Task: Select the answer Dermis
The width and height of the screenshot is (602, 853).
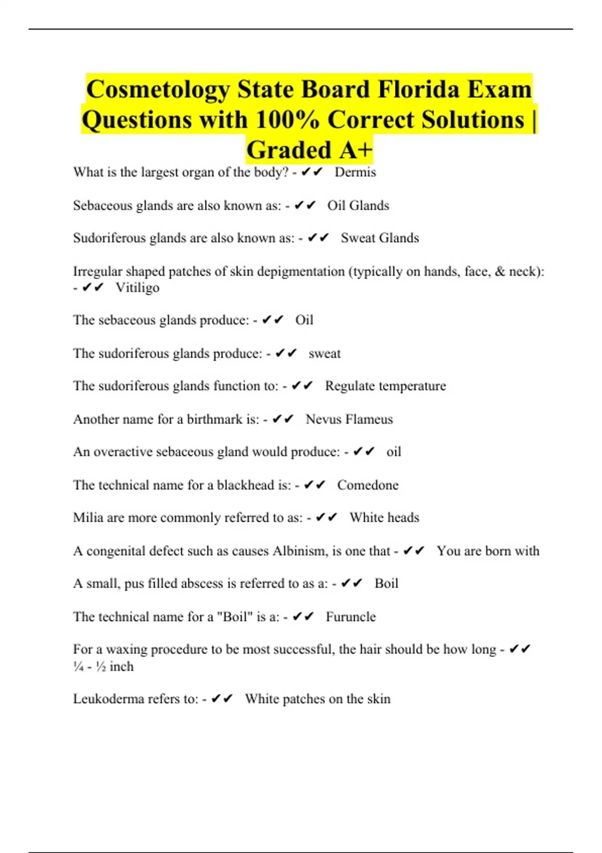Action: coord(355,172)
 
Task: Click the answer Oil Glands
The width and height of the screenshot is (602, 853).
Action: coord(358,205)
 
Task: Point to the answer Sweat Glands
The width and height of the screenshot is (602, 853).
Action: coord(380,238)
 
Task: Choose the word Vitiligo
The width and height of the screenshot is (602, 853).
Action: coord(137,288)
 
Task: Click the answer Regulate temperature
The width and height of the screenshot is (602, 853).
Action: coord(385,386)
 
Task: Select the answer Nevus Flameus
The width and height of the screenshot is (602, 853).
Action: coord(349,419)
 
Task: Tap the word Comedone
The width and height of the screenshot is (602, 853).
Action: coord(368,485)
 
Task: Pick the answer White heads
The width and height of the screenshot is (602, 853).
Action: coord(384,517)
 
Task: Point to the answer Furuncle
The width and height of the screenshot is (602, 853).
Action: coord(351,617)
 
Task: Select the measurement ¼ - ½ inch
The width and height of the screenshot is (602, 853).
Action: coord(103,666)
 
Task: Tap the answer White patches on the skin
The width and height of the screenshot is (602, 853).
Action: coord(318,699)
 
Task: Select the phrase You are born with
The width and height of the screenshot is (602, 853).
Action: coord(488,551)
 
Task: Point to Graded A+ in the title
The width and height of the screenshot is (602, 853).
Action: coord(310,150)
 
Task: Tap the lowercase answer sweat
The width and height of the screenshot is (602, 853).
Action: coord(325,353)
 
